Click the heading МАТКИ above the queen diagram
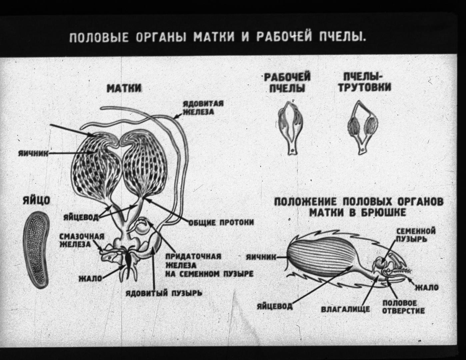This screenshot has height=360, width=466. [x=124, y=88]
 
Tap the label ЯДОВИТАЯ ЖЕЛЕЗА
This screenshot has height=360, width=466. [x=203, y=108]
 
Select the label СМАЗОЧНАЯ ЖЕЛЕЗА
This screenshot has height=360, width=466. [x=81, y=241]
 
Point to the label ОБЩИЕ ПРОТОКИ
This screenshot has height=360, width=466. [x=221, y=223]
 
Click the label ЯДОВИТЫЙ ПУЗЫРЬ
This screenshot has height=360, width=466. [x=164, y=293]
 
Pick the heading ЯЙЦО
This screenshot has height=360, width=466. [x=36, y=201]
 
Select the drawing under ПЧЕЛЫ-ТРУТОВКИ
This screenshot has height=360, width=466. [x=362, y=127]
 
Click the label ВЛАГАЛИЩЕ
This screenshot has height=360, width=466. [x=345, y=309]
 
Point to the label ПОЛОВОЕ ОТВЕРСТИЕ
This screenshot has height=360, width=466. [x=403, y=307]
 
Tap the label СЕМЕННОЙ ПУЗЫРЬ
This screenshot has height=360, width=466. [x=416, y=235]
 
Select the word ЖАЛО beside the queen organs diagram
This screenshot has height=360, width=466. [x=90, y=279]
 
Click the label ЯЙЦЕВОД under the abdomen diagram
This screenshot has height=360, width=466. [x=275, y=306]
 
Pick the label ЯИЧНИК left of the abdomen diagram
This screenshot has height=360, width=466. [x=261, y=257]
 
